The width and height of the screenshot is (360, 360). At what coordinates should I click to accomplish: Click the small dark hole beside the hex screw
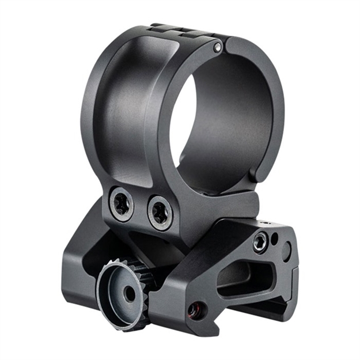(x=274, y=236)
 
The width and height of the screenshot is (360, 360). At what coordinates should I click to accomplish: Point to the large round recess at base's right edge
(x=286, y=251)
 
